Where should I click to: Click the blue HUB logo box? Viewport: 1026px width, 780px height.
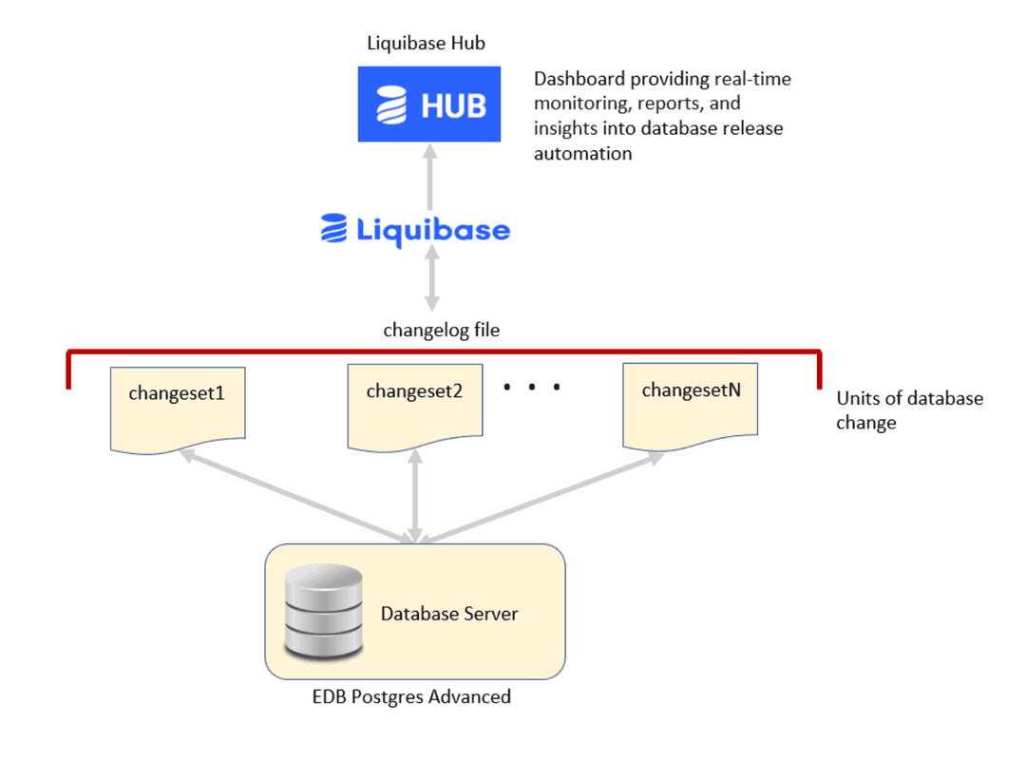pyautogui.click(x=429, y=104)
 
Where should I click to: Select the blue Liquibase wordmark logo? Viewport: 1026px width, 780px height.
pyautogui.click(x=415, y=229)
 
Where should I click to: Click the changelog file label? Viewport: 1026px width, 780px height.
pyautogui.click(x=442, y=331)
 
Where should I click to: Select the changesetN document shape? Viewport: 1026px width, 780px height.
pyautogui.click(x=690, y=404)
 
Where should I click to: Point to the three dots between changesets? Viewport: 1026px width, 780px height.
pyautogui.click(x=532, y=387)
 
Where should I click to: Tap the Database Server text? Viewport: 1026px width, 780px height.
pyautogui.click(x=449, y=614)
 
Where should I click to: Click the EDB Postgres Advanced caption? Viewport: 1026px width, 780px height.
pyautogui.click(x=411, y=696)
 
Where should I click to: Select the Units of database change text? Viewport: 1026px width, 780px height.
pyautogui.click(x=908, y=410)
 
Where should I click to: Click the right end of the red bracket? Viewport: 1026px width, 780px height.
pyautogui.click(x=819, y=371)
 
